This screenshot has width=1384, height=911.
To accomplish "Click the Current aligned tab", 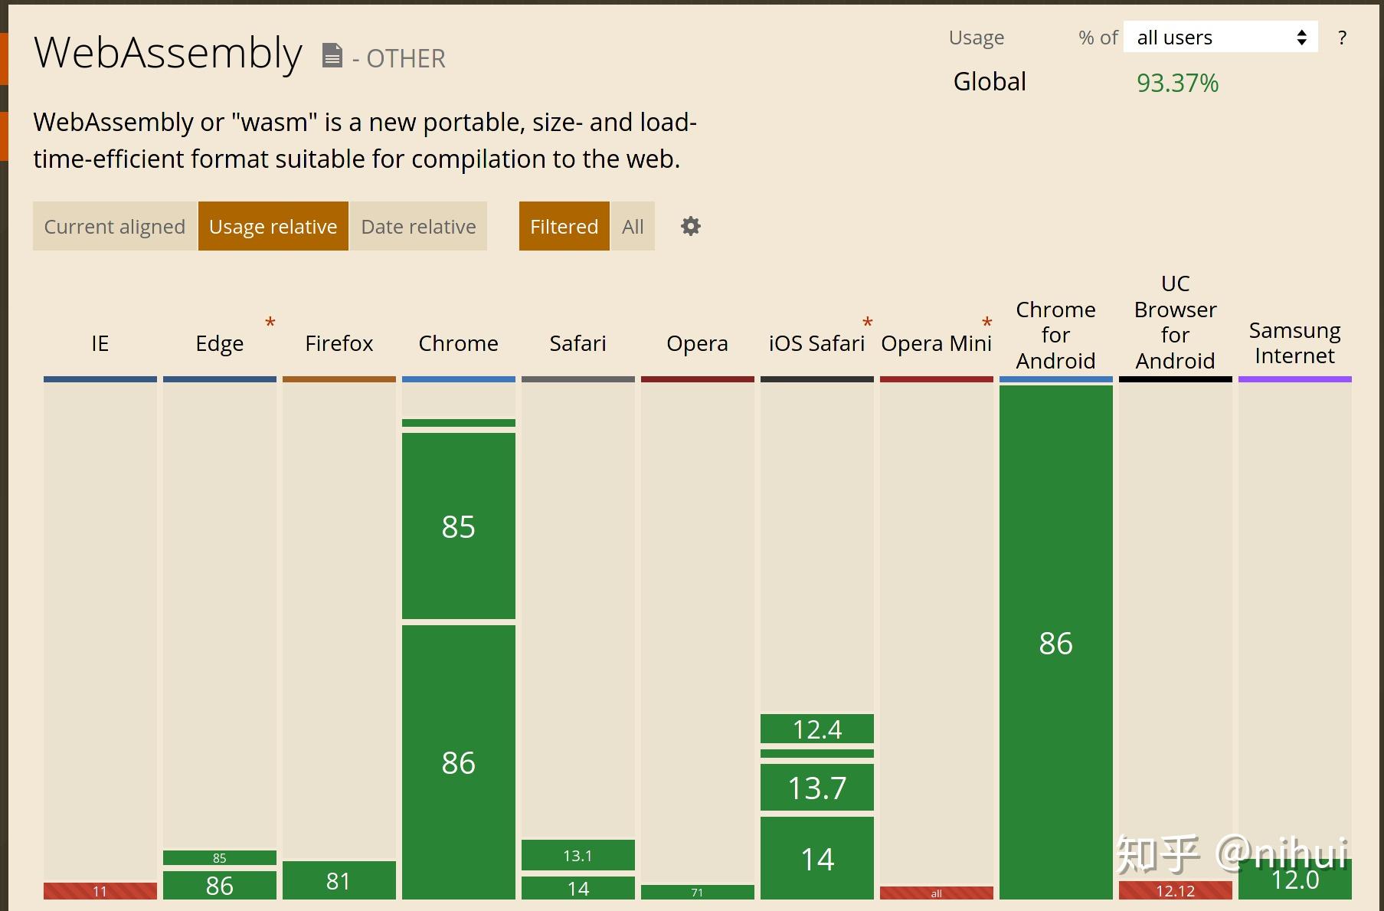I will [114, 227].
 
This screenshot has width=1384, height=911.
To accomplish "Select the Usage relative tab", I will [273, 227].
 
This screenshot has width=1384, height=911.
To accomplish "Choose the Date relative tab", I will [418, 227].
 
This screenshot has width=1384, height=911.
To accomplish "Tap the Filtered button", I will [564, 227].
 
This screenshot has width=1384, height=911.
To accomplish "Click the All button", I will [633, 227].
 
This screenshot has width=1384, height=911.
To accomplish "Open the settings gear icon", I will [691, 226].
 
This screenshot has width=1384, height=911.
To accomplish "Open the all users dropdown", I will [1220, 38].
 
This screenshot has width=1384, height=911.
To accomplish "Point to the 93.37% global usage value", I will [1177, 83].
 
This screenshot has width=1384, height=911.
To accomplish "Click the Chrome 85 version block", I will [458, 526].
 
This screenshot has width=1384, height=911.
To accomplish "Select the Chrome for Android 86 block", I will [1055, 642].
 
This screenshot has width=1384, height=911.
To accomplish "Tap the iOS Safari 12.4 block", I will [816, 729].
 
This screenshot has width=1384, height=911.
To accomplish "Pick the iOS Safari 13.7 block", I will [816, 788].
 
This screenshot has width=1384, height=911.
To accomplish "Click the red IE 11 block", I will [100, 891].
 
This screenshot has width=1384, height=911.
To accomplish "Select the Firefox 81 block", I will [339, 880].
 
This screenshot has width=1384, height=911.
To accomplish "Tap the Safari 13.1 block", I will [577, 855].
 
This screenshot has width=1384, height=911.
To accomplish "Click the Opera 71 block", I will [697, 892].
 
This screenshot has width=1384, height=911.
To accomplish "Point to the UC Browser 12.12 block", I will [1175, 890].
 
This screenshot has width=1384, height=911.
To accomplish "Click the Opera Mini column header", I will [936, 343].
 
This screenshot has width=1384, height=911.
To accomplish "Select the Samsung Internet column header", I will [1294, 343].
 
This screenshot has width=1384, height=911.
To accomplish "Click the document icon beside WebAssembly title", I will [332, 55].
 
